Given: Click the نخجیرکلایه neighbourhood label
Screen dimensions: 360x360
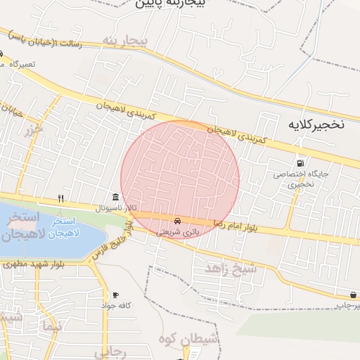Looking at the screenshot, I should coord(316,124).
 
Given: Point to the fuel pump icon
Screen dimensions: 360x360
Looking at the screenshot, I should coord(302,164).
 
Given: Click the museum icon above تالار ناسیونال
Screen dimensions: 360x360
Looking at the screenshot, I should coord(115,196).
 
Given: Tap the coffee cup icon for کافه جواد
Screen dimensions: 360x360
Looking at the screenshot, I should coord(115,295).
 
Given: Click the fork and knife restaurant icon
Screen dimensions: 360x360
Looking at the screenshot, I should coord(61,198).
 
